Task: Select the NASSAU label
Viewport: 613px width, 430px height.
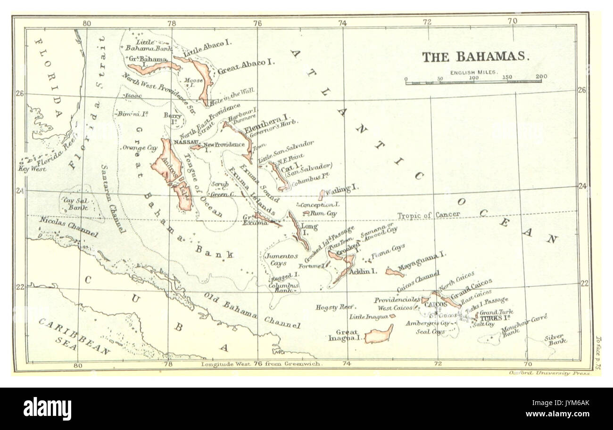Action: tap(185, 142)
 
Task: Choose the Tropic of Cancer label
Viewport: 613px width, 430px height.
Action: tap(428, 215)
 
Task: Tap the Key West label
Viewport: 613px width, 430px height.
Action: tap(33, 169)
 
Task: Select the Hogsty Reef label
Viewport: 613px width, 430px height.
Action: tap(335, 307)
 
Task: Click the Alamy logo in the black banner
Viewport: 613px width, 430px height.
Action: tap(47, 408)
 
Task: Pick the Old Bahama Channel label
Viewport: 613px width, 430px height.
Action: tap(252, 310)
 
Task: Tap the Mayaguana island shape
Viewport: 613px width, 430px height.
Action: tap(394, 272)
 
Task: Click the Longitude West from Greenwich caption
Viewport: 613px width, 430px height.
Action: tap(262, 364)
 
